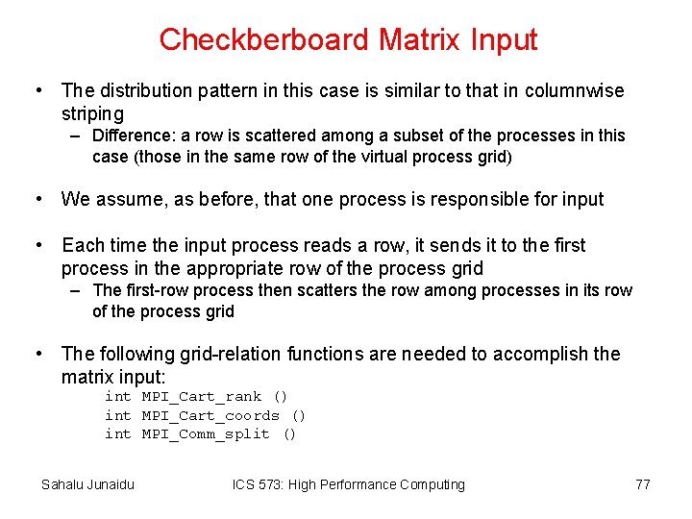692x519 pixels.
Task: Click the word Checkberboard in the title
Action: (263, 39)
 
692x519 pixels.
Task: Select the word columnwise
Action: (577, 90)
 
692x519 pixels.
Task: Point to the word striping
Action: (92, 113)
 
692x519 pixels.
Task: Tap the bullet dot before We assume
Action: (39, 199)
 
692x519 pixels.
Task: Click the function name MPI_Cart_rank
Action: (201, 396)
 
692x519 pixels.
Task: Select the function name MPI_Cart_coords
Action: (210, 415)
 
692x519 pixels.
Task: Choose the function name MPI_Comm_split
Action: (206, 433)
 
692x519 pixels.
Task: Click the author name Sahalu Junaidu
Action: (87, 484)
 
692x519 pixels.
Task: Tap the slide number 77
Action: (642, 484)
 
